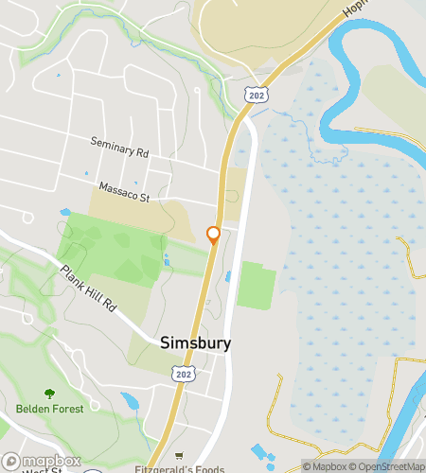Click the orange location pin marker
click(x=213, y=235)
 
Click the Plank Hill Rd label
click(x=87, y=289)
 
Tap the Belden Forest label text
click(x=49, y=409)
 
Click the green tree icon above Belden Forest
click(x=49, y=394)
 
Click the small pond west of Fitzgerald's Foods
click(x=130, y=401)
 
